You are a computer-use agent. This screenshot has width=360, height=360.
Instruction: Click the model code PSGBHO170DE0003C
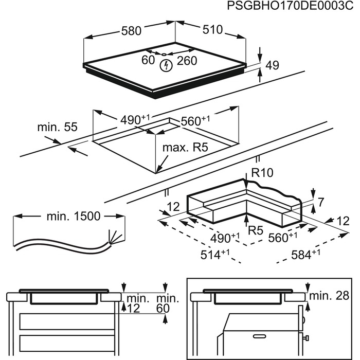point(291,7)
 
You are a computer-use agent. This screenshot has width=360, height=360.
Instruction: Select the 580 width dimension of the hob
point(131,31)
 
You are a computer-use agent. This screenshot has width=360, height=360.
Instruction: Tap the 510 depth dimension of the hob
point(212,30)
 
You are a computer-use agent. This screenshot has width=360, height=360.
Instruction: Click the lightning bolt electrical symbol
point(166,65)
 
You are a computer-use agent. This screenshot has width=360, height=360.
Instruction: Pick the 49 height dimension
point(273,65)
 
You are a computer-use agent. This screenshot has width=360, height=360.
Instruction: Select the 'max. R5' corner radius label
point(185,148)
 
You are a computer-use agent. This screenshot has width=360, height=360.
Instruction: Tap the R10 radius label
point(262,173)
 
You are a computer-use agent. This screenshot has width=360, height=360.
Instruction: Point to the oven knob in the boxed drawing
point(306,337)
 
